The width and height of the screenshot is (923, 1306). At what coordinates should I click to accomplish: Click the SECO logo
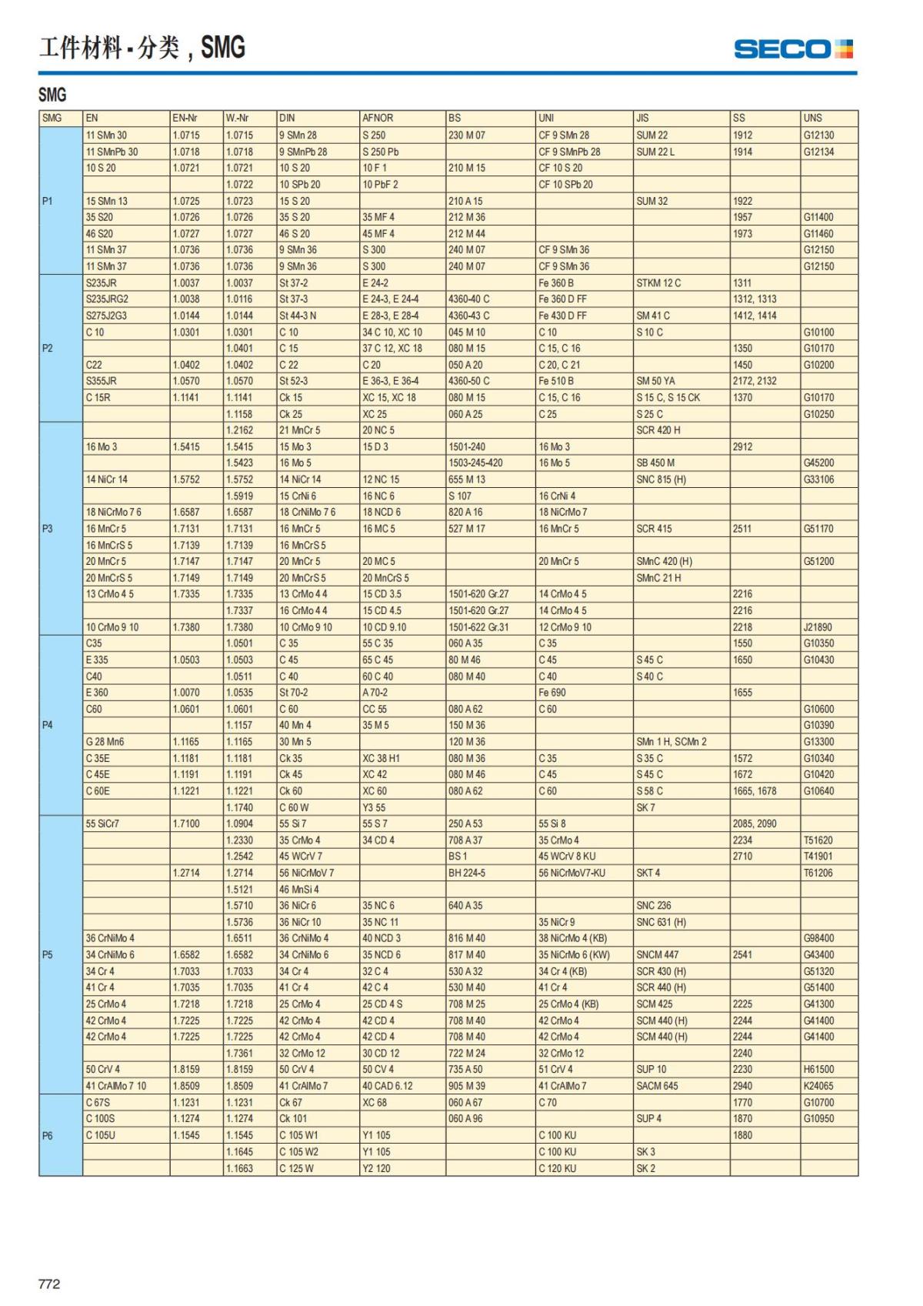point(793,49)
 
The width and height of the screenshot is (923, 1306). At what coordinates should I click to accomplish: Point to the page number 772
point(49,1284)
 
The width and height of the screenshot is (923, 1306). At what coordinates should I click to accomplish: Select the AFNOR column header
point(378,119)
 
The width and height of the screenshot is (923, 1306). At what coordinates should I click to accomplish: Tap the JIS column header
point(642,119)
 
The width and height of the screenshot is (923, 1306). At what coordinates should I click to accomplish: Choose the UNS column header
point(812,119)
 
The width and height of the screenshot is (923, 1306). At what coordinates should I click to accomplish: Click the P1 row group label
point(48,201)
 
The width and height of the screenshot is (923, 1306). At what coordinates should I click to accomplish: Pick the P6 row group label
point(48,1135)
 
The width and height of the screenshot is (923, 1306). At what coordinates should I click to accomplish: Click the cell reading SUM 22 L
point(655,152)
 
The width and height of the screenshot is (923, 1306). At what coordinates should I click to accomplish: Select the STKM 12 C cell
point(658,283)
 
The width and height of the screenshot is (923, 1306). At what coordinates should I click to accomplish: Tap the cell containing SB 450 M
point(655,463)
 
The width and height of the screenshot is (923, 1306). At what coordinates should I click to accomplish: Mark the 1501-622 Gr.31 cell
point(478,627)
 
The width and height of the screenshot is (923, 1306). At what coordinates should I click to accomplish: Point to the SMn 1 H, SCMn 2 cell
point(671,742)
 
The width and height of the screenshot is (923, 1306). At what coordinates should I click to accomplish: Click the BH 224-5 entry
point(467,873)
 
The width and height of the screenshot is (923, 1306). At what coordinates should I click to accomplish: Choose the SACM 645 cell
point(657,1086)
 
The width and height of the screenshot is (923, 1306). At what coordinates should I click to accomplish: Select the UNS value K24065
point(818,1086)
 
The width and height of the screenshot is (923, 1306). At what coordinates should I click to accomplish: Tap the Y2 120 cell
point(376,1168)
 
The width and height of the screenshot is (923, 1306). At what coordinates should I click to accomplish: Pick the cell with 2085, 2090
point(755,823)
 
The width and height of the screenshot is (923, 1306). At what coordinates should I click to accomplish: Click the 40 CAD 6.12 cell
point(388,1086)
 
